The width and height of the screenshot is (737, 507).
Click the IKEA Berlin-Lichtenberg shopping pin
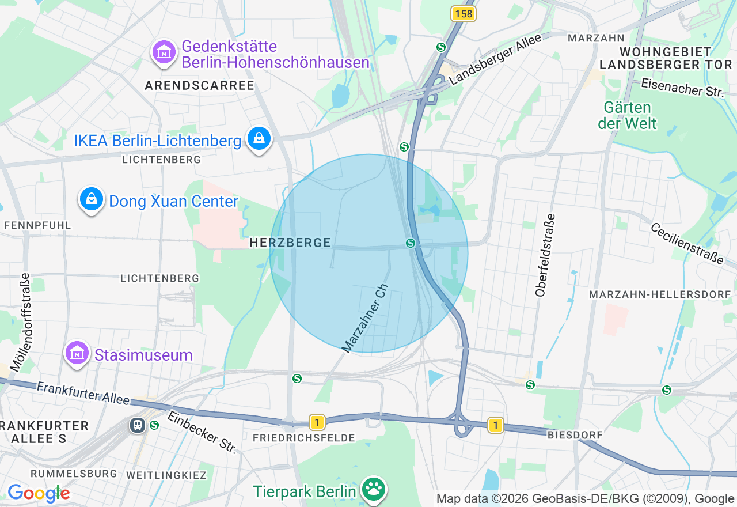pos(259,139)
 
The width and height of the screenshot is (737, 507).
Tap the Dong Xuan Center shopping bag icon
pos(91,199)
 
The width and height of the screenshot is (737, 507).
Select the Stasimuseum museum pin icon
pos(77,353)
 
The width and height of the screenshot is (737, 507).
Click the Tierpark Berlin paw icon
pos(373,490)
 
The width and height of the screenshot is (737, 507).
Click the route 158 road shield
pos(464,14)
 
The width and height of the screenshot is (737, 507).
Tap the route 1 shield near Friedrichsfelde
pos(317,422)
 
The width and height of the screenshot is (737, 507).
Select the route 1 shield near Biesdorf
pos(495,425)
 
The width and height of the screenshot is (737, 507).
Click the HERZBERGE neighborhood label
pos(290,243)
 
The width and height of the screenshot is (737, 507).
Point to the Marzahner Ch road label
pos(366,318)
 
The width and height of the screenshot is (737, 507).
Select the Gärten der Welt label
pos(627,115)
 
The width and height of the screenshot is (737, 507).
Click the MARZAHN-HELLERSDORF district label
pos(660,294)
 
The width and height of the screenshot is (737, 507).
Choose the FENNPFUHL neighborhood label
pos(37,225)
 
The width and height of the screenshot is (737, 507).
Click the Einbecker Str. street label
pos(202,432)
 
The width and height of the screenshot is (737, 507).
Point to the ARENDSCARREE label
pos(199,86)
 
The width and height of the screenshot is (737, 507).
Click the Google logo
pos(39,493)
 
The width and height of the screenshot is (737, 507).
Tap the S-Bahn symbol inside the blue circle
pos(411,243)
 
